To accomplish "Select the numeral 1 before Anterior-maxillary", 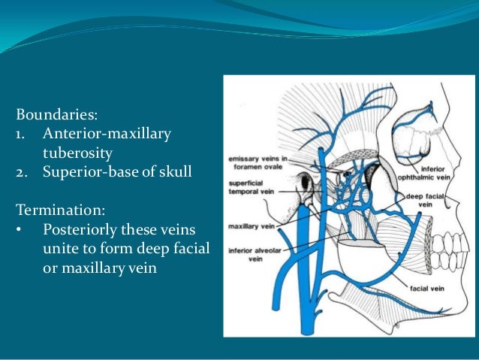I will coord(20,135).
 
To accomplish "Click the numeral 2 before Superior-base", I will coord(20,172).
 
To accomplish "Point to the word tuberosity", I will coord(77,153).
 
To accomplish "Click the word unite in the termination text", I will coord(61,248).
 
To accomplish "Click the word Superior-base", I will coord(85,172).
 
